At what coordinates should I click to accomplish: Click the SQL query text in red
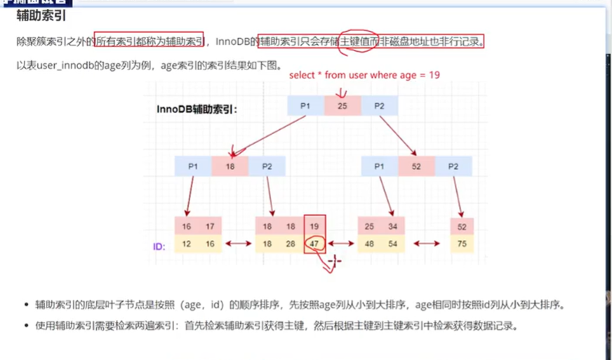[x=364, y=74]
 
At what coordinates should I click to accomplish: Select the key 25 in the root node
[x=342, y=105]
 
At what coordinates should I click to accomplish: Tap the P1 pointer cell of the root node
[x=305, y=105]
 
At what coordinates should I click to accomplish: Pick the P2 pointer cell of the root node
[x=379, y=105]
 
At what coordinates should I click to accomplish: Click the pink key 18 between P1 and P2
[x=230, y=166]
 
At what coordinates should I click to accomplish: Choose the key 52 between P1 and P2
[x=416, y=166]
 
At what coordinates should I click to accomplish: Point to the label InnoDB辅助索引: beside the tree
[x=197, y=109]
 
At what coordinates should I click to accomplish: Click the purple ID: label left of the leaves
[x=159, y=247]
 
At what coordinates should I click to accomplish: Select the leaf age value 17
[x=210, y=227]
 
